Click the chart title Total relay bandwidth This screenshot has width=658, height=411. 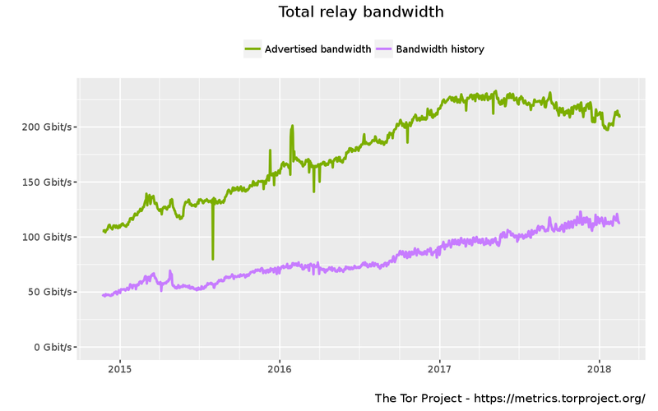tap(361, 12)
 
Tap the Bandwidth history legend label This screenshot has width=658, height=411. tap(440, 49)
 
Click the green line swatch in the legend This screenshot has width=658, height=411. tap(253, 49)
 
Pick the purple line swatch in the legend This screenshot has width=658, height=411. tap(383, 49)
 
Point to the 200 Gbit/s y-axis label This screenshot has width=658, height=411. tap(46, 127)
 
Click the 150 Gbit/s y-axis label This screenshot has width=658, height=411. tap(46, 182)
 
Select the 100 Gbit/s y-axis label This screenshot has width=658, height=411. tap(46, 237)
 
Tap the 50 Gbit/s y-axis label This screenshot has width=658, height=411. tap(49, 292)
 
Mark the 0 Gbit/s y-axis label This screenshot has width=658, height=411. tap(51, 347)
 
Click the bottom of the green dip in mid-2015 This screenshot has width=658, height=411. tap(213, 259)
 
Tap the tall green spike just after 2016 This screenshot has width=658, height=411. tap(292, 127)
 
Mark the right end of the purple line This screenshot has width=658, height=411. tap(619, 224)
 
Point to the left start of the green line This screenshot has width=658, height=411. tap(103, 231)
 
